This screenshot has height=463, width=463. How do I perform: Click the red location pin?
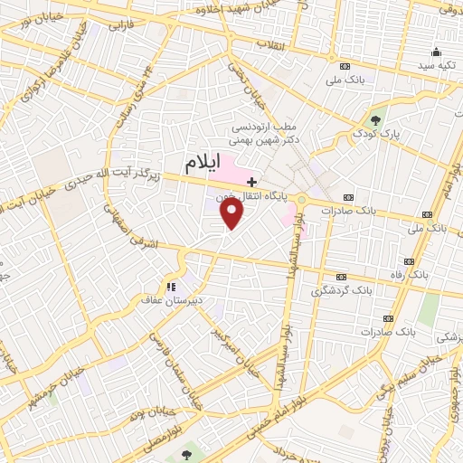pyautogui.click(x=232, y=213)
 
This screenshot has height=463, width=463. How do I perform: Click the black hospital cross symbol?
pyautogui.click(x=252, y=182)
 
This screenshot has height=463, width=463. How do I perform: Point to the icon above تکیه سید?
pyautogui.click(x=438, y=52)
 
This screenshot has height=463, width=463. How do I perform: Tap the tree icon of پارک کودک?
pyautogui.click(x=376, y=119)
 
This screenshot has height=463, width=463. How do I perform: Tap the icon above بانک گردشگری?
pyautogui.click(x=341, y=277)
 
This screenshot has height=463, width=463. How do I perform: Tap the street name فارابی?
pyautogui.click(x=120, y=27)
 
